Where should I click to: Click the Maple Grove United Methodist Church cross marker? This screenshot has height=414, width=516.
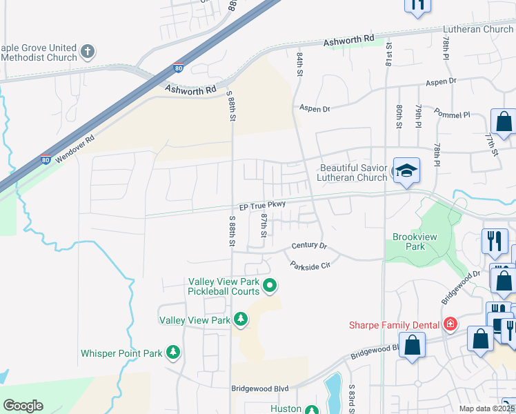tap(88, 50)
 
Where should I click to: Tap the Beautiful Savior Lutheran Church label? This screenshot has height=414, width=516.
tap(353, 172)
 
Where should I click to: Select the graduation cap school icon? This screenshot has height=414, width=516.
tap(406, 172)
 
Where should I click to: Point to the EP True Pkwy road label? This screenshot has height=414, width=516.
tap(262, 206)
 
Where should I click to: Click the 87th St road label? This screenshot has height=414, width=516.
tap(264, 225)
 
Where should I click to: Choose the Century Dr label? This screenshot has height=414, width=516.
tap(308, 246)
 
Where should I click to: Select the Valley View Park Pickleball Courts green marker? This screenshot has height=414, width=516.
tap(270, 284)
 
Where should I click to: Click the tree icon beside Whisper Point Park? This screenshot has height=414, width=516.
tap(174, 353)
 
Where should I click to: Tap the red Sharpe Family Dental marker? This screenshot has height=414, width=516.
tap(450, 324)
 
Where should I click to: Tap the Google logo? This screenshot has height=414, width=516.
tap(23, 406)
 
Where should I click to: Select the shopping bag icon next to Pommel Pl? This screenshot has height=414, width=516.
tap(504, 122)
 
